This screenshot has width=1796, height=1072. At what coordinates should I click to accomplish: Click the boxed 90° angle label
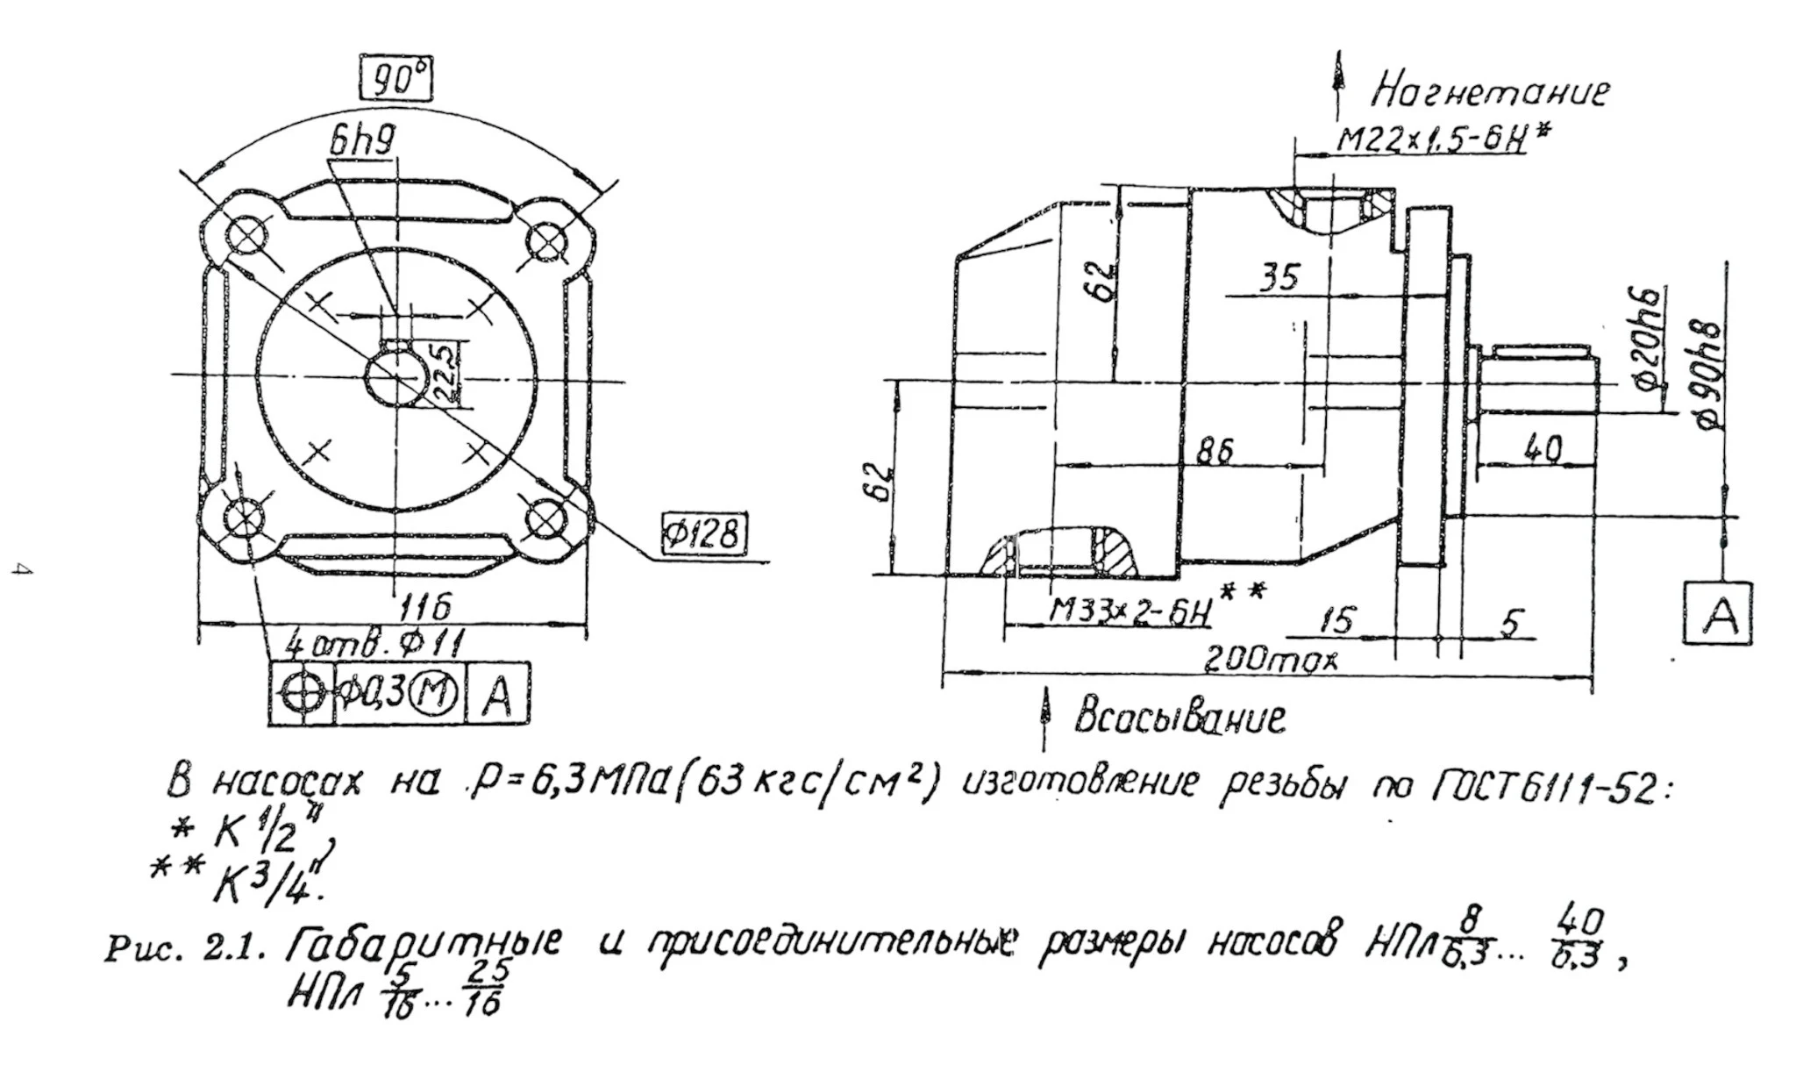click(396, 81)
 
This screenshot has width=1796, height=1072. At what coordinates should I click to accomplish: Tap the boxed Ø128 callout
click(704, 532)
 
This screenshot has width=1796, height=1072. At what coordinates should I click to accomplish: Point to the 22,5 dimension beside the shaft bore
click(446, 373)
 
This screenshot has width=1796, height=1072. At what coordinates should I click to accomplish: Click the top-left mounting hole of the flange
click(247, 235)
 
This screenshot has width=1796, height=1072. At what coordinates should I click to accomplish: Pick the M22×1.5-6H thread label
click(1432, 139)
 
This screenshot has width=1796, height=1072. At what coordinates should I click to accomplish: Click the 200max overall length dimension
click(1271, 658)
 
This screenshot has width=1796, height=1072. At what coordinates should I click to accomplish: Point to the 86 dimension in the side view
click(1215, 451)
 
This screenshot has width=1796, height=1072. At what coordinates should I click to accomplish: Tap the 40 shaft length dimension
click(1543, 449)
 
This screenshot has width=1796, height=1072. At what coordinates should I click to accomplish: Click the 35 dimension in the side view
click(1279, 278)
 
